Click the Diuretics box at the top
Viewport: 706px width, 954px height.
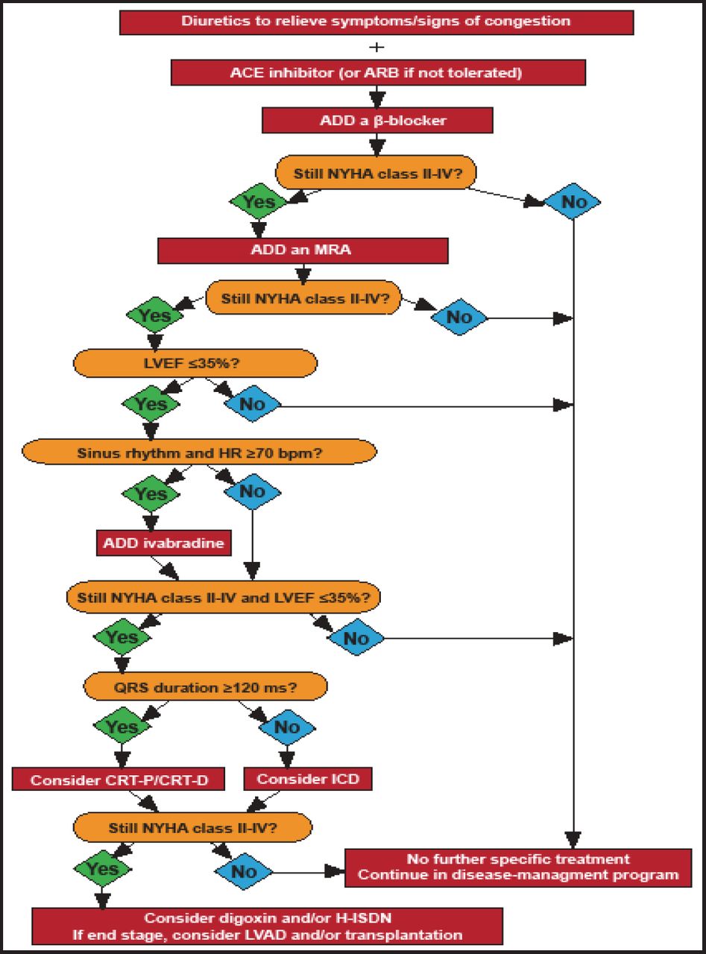coord(376,22)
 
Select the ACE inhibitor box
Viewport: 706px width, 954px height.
coord(378,72)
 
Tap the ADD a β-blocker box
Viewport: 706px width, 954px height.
coord(376,120)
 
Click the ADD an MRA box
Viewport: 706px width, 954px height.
coord(303,250)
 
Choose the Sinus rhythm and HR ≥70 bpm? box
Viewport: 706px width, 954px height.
coord(199,452)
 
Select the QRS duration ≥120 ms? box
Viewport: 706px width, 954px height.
coord(206,686)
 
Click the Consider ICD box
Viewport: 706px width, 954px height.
coord(308,780)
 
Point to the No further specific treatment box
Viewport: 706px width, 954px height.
coord(517,867)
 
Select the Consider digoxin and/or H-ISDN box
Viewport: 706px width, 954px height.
coord(266,926)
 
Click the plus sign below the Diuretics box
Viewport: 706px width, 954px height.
coord(377,47)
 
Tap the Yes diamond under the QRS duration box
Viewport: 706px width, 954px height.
coord(121,727)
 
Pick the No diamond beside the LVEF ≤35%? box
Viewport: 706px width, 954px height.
coord(252,405)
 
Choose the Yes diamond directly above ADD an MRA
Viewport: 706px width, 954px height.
coord(259,202)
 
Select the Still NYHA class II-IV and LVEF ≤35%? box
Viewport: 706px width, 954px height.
coord(224,598)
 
